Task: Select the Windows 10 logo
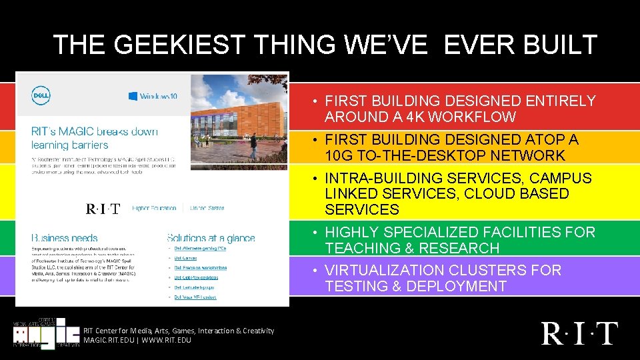[x=153, y=96]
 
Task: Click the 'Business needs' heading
[x=64, y=238]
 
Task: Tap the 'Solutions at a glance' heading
[x=211, y=238]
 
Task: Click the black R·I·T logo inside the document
[x=103, y=209]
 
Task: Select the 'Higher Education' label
[x=154, y=208]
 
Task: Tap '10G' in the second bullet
[x=340, y=156]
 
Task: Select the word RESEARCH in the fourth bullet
[x=467, y=248]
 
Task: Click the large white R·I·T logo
[x=579, y=333]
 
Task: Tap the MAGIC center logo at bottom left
[x=43, y=333]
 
